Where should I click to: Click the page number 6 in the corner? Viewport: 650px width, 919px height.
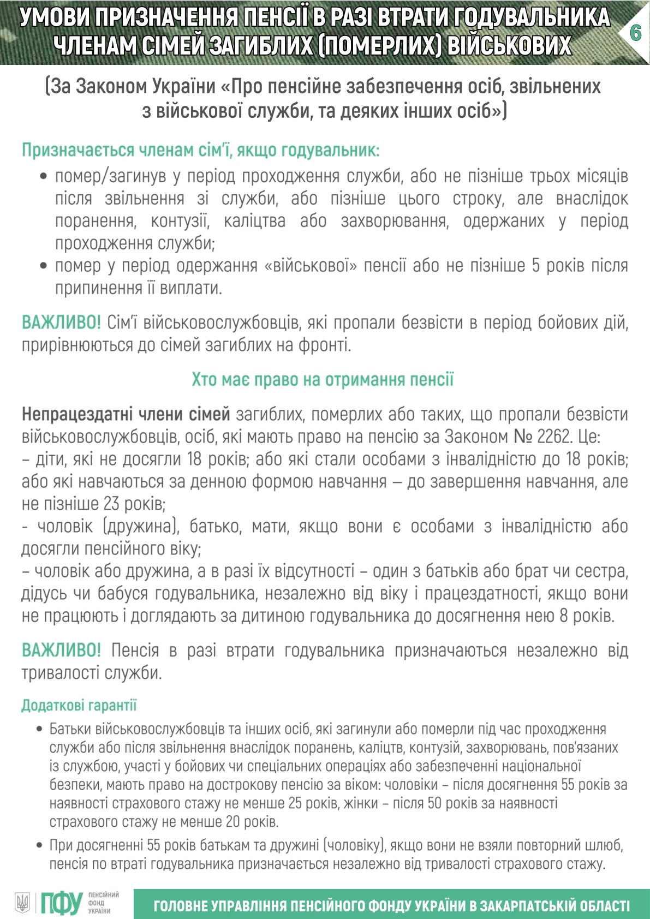coord(635,33)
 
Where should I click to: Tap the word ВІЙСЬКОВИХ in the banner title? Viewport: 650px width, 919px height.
coord(509,46)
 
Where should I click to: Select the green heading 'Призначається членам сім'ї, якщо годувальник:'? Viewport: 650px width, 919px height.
coord(200,150)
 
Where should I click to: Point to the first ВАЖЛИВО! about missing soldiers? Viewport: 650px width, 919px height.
coord(61,323)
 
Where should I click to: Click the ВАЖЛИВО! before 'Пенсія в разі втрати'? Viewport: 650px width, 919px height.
coord(61,650)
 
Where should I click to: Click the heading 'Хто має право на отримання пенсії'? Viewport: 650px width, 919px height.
coord(323,379)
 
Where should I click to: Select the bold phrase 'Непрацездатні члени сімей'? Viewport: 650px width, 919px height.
coord(126,414)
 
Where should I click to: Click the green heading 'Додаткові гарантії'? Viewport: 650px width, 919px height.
coord(79,705)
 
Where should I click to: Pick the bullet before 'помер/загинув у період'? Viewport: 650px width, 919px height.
coord(44,176)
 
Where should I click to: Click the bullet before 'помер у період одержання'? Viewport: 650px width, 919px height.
coord(44,266)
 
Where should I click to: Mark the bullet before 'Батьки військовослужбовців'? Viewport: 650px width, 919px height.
coord(39,729)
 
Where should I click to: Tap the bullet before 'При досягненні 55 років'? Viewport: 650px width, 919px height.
coord(39,845)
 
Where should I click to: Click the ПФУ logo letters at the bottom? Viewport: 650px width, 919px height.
coord(61,903)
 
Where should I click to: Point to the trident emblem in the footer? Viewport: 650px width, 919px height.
coord(22,903)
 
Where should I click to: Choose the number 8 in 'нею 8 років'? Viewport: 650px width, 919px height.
coord(565,616)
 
